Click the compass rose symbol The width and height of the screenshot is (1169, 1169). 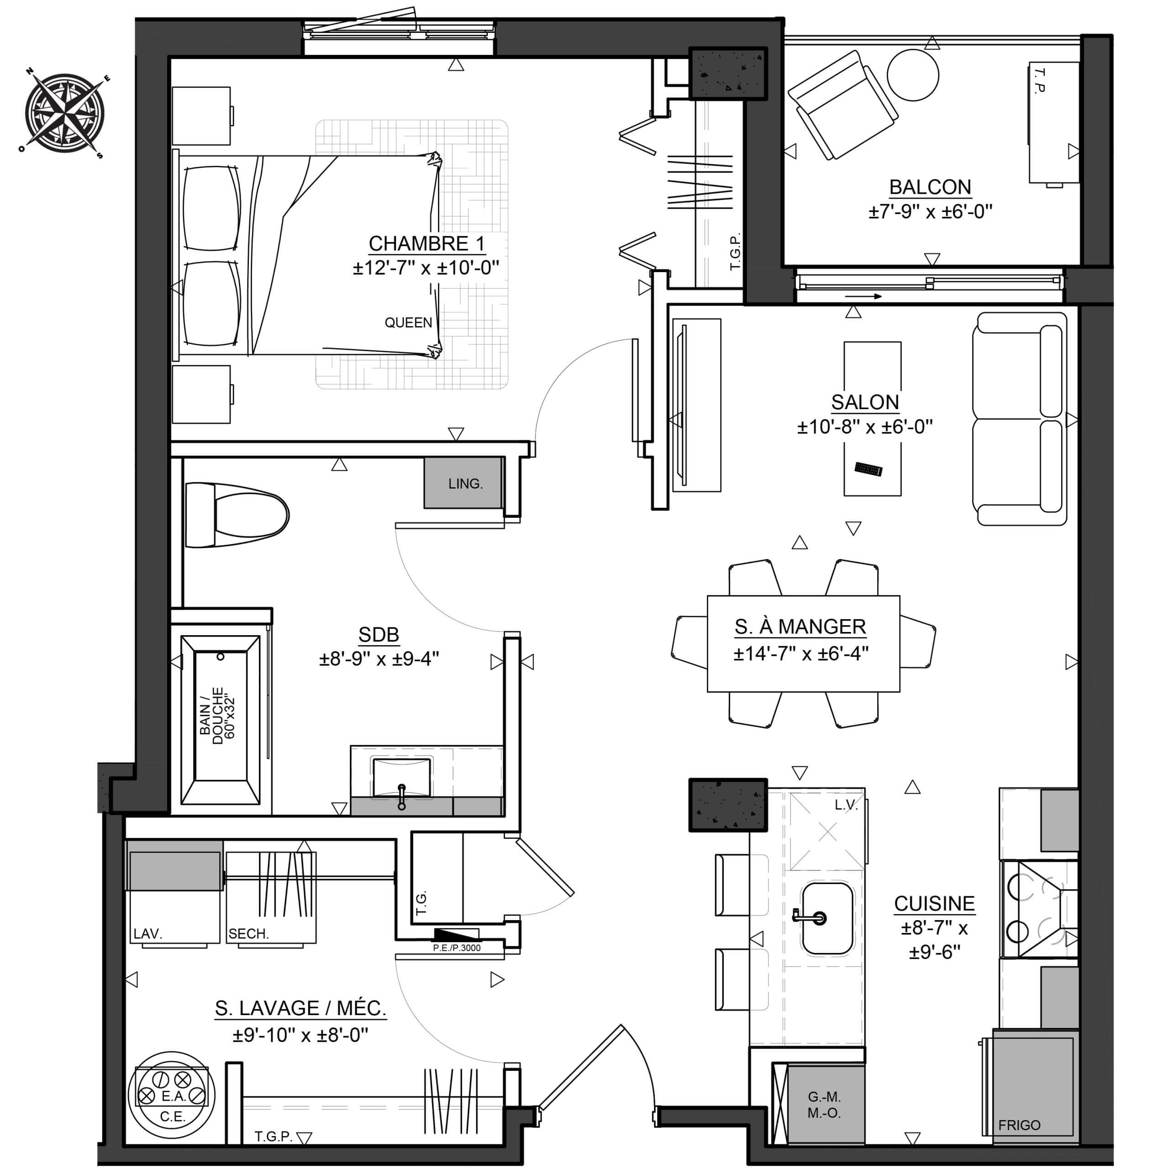pos(65,113)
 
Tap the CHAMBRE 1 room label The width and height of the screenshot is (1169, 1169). pos(427,244)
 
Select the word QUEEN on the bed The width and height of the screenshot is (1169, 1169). pos(408,322)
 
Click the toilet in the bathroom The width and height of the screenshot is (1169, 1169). pos(237,515)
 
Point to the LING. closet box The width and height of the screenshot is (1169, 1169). pos(464,483)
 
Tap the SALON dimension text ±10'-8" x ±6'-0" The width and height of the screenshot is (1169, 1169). pos(864,427)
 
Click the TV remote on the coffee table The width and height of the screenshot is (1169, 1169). pos(868,469)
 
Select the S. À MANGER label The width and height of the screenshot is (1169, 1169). pos(800,627)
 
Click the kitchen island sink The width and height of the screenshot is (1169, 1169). pos(827,918)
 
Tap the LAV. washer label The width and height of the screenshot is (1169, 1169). pos(147,934)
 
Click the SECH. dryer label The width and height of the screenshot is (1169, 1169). pos(248,934)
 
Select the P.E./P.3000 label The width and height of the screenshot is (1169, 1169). pos(457,948)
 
